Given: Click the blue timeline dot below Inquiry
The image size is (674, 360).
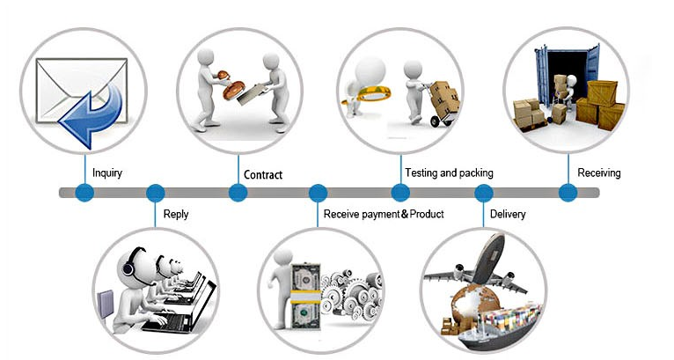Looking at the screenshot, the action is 84,192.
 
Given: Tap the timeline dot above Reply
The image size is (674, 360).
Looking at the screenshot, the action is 155,193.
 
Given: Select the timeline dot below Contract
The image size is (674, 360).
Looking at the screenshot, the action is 238,192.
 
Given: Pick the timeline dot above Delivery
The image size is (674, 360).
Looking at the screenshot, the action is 484,193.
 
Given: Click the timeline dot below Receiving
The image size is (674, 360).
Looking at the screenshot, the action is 568,192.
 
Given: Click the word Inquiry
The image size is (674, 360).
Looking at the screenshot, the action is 107,173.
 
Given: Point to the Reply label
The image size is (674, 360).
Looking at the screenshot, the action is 176,214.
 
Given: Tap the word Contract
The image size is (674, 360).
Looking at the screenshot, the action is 263,174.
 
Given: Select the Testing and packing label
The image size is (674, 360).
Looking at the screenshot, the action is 450,173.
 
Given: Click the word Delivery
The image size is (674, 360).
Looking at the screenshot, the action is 508,214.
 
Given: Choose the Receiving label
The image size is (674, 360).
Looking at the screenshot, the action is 599,173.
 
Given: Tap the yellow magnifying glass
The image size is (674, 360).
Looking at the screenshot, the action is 366,94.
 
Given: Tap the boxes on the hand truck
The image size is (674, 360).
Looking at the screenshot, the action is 445,97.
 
